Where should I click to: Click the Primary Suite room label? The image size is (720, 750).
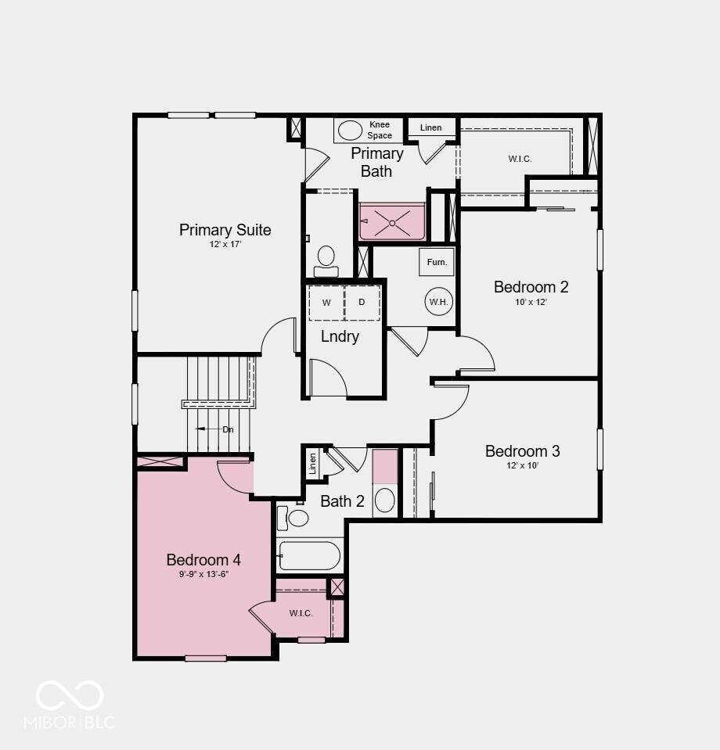point(225,230)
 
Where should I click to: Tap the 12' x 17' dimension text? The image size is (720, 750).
point(225,245)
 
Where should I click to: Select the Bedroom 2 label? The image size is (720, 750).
point(531,287)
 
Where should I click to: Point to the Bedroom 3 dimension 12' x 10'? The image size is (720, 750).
point(522,465)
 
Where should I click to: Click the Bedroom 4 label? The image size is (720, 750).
point(203,560)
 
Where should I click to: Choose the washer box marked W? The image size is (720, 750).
point(326,303)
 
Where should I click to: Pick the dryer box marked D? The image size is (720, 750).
point(362,303)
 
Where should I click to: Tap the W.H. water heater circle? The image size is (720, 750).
point(438,302)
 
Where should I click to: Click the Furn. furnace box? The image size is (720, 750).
point(437,262)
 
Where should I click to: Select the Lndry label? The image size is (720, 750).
point(340,336)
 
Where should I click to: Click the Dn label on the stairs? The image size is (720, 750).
point(228,429)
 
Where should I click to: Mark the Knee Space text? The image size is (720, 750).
point(380,130)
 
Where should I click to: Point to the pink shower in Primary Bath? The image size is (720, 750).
point(392,222)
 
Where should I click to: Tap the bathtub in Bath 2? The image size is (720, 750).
point(310,556)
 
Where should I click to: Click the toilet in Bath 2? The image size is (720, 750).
point(293,518)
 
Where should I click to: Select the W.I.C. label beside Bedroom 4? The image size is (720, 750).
point(301,613)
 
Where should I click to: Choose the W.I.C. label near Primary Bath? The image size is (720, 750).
point(520,159)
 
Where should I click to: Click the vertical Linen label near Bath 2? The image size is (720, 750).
point(312,464)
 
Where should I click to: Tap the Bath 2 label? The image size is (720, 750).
point(342,501)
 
